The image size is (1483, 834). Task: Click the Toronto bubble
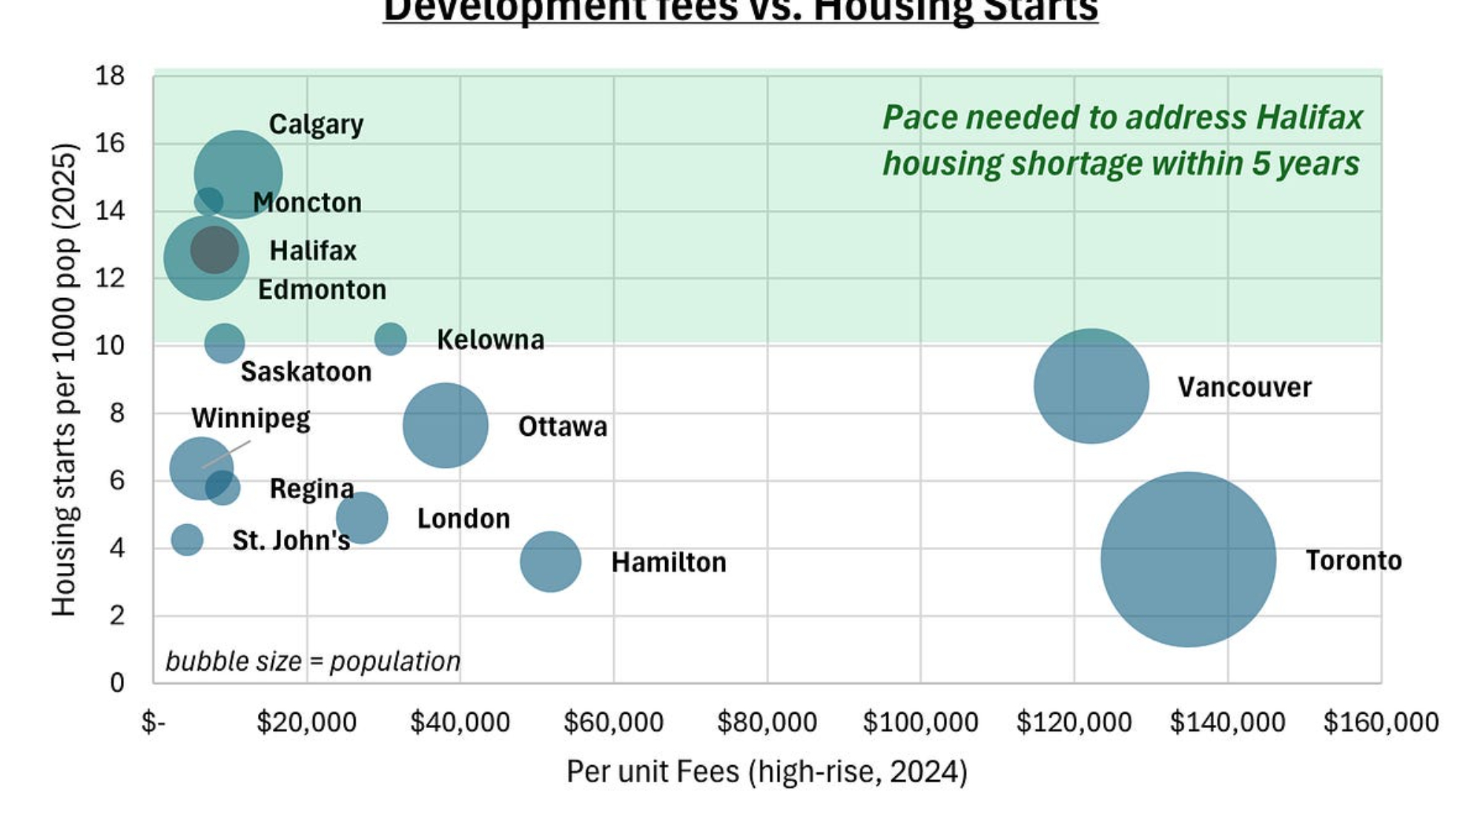(1188, 559)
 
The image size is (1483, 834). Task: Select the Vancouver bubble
(1091, 386)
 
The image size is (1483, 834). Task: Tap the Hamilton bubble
(550, 561)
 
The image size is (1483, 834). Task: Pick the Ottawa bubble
(445, 425)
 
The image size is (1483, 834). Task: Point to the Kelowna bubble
(390, 339)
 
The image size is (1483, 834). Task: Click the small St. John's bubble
(187, 539)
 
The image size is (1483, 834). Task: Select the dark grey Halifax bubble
(214, 250)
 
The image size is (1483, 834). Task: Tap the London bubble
(362, 517)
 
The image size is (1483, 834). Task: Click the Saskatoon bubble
(224, 342)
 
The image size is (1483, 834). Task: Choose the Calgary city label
(316, 125)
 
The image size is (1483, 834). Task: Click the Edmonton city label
(322, 289)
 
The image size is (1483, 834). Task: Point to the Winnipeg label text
(251, 418)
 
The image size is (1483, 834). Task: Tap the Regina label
(311, 489)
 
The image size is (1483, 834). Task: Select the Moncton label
(307, 202)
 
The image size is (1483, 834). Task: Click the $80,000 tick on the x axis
(767, 722)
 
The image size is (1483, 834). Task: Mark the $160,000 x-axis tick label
(1381, 722)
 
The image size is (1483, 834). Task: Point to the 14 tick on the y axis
(110, 211)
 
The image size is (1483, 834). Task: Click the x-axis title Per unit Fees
(767, 772)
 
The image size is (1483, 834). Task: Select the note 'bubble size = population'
(312, 661)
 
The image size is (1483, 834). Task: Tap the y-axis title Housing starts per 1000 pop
(65, 379)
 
